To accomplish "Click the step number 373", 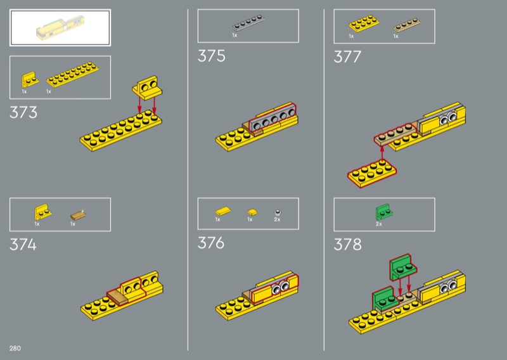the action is pyautogui.click(x=23, y=113).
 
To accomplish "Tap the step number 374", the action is pyautogui.click(x=23, y=244).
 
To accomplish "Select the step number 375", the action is pyautogui.click(x=211, y=56).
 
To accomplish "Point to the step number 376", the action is pyautogui.click(x=211, y=243).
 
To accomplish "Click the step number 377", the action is pyautogui.click(x=347, y=57).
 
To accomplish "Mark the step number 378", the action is pyautogui.click(x=347, y=244).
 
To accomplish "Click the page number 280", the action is pyautogui.click(x=15, y=348).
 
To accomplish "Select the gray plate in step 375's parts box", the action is pyautogui.click(x=248, y=23).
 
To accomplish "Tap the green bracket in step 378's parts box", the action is pyautogui.click(x=384, y=212).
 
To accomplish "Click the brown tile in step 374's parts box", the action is pyautogui.click(x=78, y=215).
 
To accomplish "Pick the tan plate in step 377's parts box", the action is pyautogui.click(x=407, y=25).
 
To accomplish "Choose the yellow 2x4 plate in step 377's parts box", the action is pyautogui.click(x=364, y=23).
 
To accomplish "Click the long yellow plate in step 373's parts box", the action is pyautogui.click(x=72, y=74).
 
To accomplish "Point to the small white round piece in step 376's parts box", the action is pyautogui.click(x=278, y=212).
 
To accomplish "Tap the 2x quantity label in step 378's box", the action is pyautogui.click(x=378, y=224).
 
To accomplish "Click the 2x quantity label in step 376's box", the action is pyautogui.click(x=277, y=219).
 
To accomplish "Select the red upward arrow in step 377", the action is pyautogui.click(x=382, y=153).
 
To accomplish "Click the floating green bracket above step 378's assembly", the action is pyautogui.click(x=403, y=267).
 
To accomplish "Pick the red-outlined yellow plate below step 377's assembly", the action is pyautogui.click(x=372, y=174).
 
